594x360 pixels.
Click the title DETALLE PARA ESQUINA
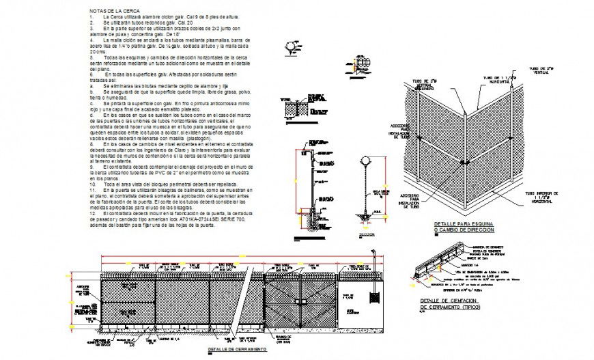click(x=464, y=224)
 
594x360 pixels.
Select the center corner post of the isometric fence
click(x=464, y=152)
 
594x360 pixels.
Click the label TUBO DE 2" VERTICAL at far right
click(x=541, y=70)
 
